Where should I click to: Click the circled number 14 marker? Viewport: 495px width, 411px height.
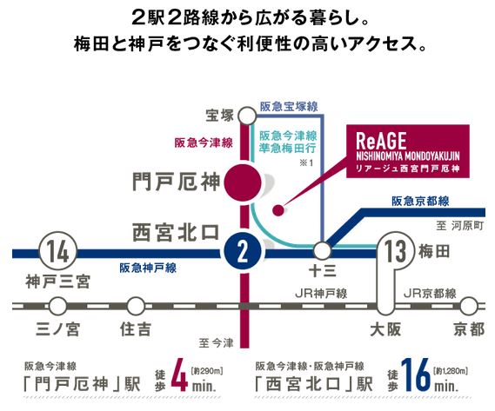tap(58, 251)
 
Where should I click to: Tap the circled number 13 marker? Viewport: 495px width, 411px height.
tap(396, 251)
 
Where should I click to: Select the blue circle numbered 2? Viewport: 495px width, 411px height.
tap(243, 251)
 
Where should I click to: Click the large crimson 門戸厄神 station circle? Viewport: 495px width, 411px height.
tap(243, 182)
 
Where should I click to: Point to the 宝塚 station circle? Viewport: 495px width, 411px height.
tap(247, 116)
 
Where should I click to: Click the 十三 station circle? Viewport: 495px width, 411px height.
tap(323, 251)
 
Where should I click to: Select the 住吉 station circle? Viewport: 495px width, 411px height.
tap(136, 306)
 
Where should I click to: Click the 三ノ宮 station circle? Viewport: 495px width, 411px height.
tap(58, 306)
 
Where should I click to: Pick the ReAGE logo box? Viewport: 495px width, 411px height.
tap(408, 151)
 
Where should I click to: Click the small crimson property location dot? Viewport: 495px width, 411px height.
tap(278, 209)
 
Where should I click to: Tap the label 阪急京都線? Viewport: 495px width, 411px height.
tap(420, 202)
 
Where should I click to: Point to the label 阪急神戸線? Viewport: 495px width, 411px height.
tap(148, 268)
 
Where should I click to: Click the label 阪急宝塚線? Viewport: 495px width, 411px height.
tap(289, 107)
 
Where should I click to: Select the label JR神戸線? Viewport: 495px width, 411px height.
tap(321, 294)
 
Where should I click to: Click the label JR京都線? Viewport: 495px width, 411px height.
tap(430, 294)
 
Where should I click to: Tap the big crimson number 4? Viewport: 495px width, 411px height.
tap(179, 375)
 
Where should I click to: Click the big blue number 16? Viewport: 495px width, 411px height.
tap(416, 375)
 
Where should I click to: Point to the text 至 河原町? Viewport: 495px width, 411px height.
tap(460, 226)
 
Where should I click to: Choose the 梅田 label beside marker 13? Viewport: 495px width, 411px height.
tap(434, 252)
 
